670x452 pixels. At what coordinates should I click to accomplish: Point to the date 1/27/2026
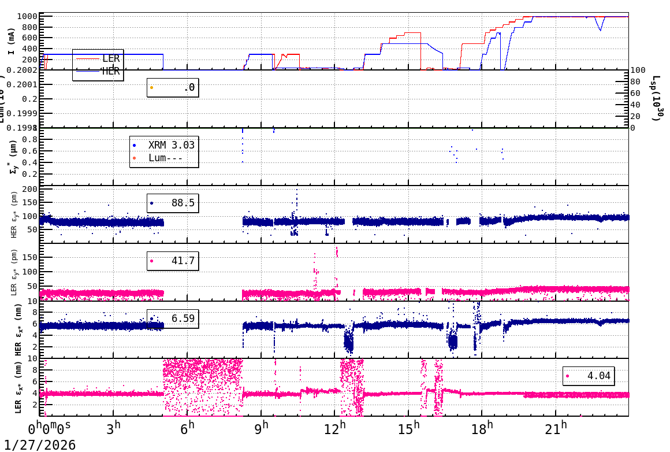coord(40,444)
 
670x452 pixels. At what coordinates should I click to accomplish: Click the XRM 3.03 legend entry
coord(172,145)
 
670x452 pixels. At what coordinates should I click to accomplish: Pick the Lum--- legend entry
coord(166,158)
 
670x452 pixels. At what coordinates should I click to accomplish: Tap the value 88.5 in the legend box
coord(183,203)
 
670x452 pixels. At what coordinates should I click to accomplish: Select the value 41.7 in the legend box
coord(183,261)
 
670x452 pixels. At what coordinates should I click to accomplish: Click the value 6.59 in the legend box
coord(183,318)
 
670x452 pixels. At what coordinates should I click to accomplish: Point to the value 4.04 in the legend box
coord(599,376)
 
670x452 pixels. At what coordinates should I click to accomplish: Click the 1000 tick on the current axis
coord(27,16)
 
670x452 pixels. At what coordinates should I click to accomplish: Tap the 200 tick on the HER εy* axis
coord(29,189)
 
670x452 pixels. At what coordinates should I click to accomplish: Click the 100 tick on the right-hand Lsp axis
coord(637,70)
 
